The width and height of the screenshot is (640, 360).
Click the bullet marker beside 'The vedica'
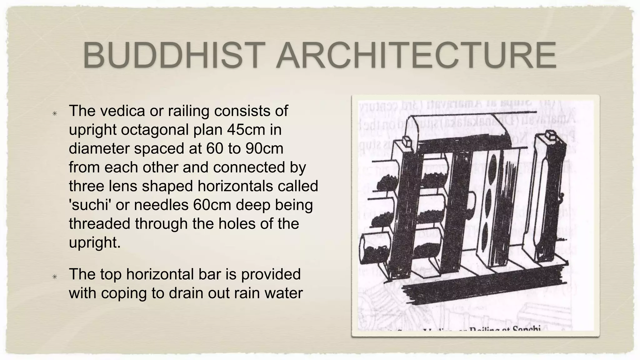pos(55,113)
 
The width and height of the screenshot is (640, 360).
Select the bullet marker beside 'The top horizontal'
pos(55,277)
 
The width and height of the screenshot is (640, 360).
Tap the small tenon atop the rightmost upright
pos(549,137)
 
